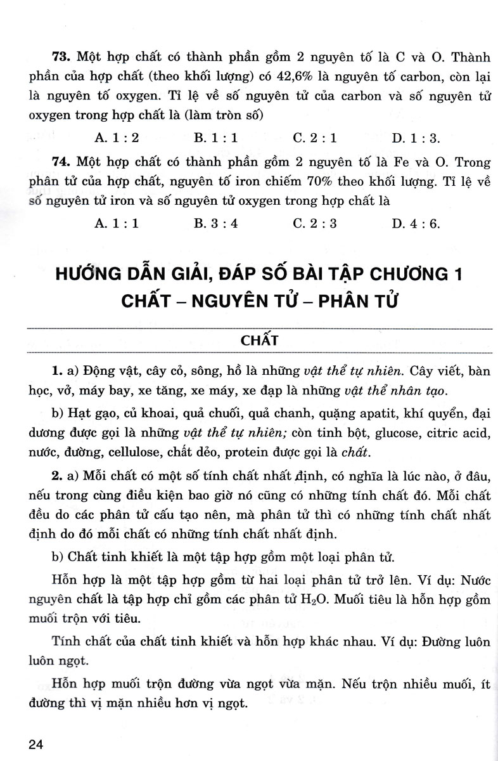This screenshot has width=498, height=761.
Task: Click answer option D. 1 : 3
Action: [416, 137]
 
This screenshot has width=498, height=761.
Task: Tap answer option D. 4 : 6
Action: [416, 223]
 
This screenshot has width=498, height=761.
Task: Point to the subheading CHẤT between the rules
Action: [260, 339]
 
